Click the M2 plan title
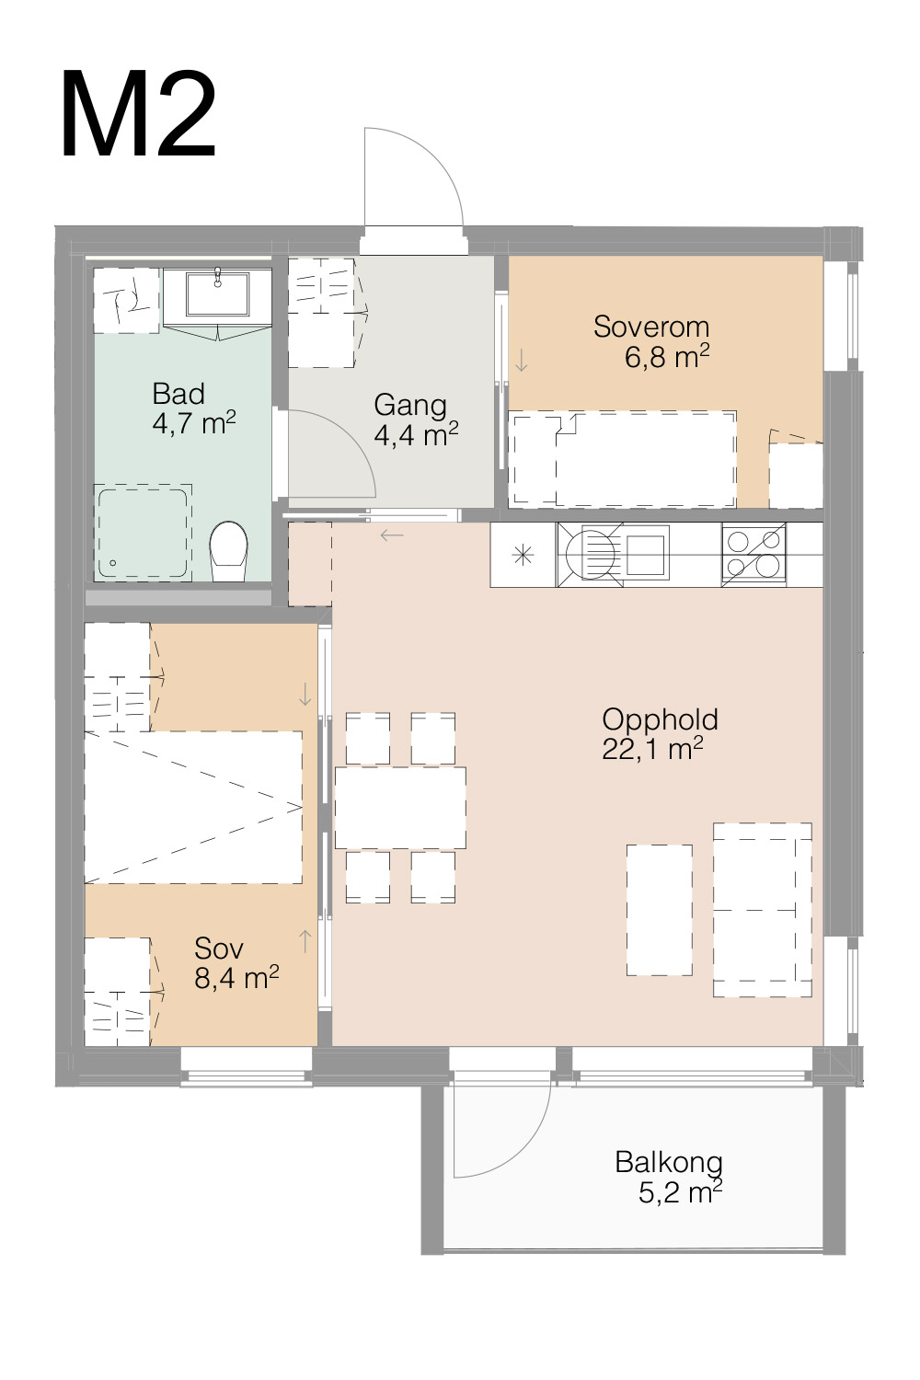tap(138, 115)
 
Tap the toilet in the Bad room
tap(228, 551)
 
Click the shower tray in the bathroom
tap(143, 533)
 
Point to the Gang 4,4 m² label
tap(416, 420)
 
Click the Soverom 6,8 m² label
tap(651, 341)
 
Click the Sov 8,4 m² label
tap(236, 963)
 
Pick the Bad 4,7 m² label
tap(193, 408)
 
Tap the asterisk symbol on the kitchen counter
tap(523, 556)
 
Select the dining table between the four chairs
tap(400, 808)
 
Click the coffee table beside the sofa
tap(660, 910)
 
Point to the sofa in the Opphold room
tap(763, 910)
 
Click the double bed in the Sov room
tap(193, 808)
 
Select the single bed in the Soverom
tap(622, 459)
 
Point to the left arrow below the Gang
tap(392, 535)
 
